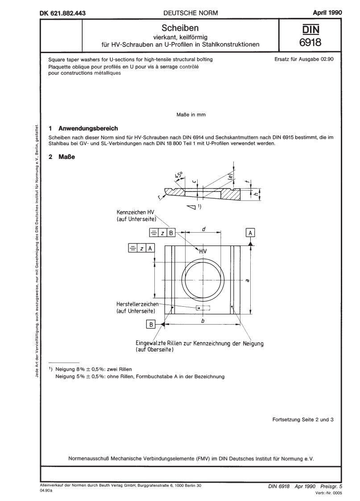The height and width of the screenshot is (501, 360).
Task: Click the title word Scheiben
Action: (179, 28)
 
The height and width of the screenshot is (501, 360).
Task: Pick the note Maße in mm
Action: (191, 115)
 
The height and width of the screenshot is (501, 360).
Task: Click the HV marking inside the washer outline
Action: (203, 252)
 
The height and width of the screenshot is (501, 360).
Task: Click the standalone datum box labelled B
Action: (152, 325)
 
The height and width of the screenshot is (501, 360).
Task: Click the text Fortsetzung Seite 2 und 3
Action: (302, 419)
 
